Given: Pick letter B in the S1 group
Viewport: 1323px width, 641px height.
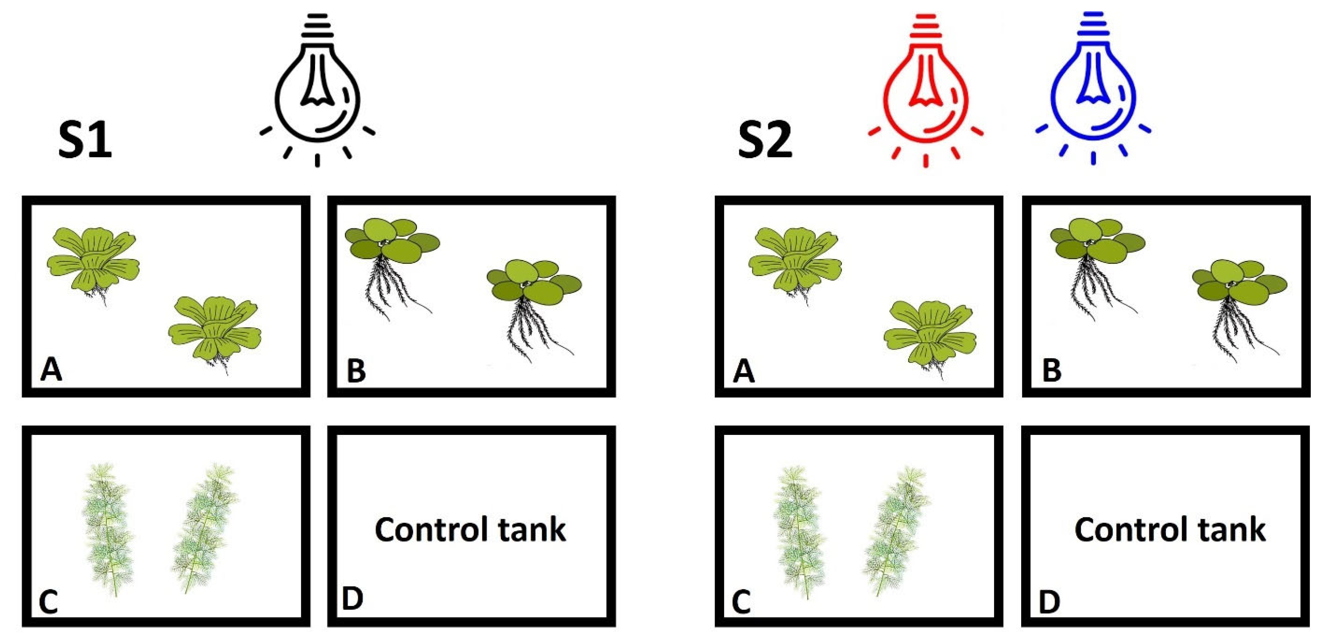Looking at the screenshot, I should [356, 370].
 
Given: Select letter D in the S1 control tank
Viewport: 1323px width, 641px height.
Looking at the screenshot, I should [352, 599].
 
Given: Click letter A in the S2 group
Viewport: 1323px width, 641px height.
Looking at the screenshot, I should [744, 370].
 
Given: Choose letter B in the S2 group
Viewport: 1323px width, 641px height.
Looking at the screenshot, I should [1051, 370].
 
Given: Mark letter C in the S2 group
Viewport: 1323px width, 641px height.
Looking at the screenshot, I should [741, 601].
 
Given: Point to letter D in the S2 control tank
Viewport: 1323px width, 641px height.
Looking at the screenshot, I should [1049, 601].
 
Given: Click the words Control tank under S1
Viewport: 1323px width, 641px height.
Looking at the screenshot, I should [470, 529].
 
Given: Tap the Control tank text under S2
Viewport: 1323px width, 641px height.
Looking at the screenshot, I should [1170, 529].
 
